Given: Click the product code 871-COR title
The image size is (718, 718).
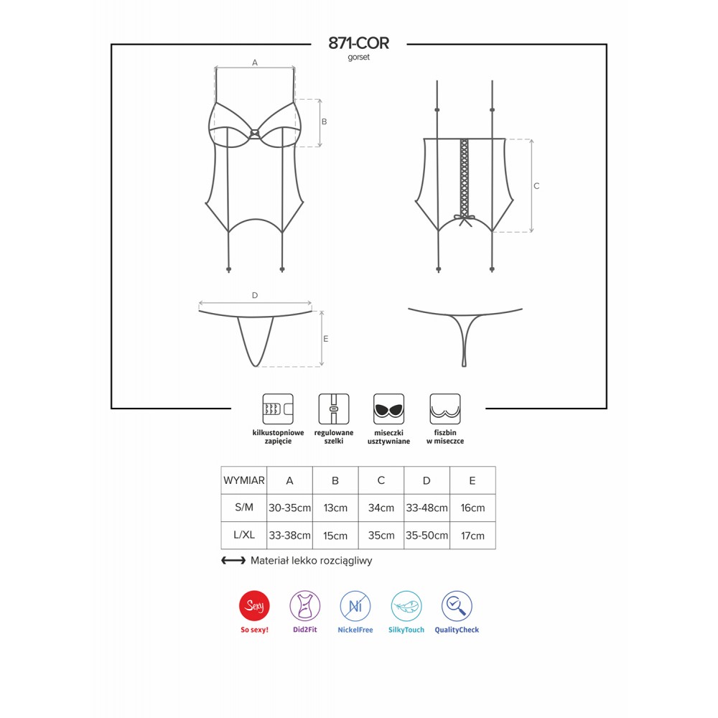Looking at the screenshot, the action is (x=358, y=43).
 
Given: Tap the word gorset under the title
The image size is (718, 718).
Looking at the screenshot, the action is (x=358, y=57).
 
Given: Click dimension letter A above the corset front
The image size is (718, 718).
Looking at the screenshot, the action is (x=255, y=62).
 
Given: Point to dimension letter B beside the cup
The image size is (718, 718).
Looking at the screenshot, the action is (x=325, y=122).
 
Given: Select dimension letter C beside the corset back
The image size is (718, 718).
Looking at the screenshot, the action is (x=536, y=186).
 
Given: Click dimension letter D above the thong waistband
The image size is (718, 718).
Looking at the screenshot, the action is (x=255, y=295).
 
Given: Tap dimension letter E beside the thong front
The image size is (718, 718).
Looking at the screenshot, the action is (x=325, y=339).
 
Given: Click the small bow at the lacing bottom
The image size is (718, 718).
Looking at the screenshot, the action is (x=465, y=220).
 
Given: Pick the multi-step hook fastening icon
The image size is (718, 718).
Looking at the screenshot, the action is (x=278, y=409).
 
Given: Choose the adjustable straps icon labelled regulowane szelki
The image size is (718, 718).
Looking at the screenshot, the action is (x=334, y=409).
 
